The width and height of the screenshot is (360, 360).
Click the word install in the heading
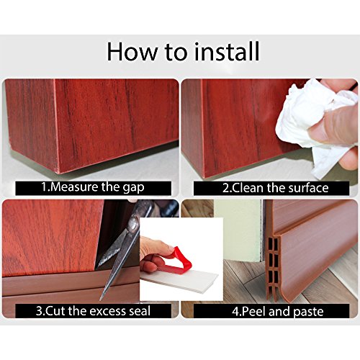click(x=226, y=51)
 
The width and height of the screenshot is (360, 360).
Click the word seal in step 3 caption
click(x=140, y=311)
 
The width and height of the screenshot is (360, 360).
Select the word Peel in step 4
click(x=254, y=311)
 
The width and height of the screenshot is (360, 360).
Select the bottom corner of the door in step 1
click(x=58, y=172)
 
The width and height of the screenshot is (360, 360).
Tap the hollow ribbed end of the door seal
click(x=273, y=266)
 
